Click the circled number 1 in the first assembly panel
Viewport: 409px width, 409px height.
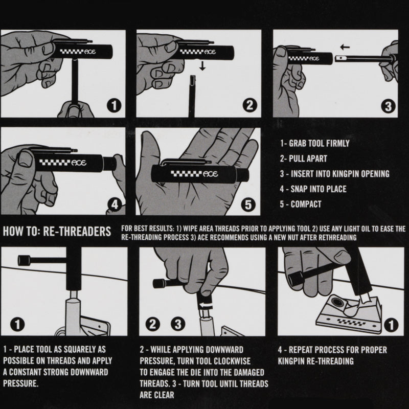point(114,106)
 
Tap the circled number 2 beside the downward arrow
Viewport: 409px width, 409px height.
point(249,105)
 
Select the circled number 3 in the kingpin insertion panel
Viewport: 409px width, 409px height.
point(388,106)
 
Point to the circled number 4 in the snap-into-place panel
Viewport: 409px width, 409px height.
point(115,205)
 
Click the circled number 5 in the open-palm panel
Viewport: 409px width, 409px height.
point(248,204)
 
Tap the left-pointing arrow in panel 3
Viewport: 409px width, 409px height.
point(345,47)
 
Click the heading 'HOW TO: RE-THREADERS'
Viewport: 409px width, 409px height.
point(57,232)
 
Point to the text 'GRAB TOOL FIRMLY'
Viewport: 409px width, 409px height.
point(319,143)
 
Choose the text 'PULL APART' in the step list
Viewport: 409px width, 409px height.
point(308,158)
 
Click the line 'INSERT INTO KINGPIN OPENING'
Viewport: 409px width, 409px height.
point(340,174)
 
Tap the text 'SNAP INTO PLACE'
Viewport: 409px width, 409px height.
point(319,189)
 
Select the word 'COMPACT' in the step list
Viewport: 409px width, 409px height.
point(306,204)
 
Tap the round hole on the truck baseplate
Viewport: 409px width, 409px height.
point(338,303)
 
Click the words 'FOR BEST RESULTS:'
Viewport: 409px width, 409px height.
point(148,229)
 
